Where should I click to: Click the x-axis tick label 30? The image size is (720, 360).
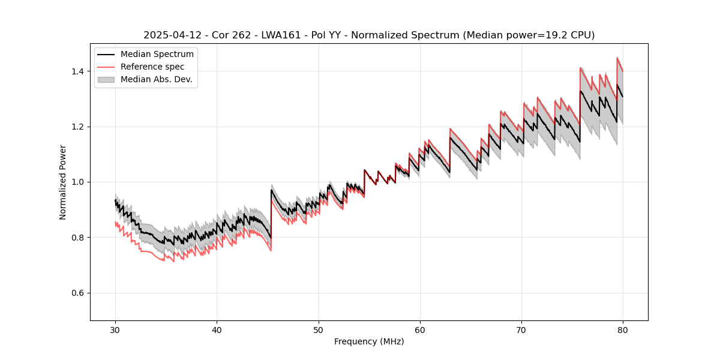click(115, 329)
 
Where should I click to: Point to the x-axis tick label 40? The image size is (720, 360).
click(217, 329)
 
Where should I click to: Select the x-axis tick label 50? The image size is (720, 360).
click(318, 329)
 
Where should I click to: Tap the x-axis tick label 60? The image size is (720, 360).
click(419, 329)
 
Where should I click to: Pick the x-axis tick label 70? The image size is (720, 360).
click(521, 329)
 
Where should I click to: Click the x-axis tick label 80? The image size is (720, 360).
click(622, 329)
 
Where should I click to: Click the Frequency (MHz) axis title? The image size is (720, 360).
click(369, 341)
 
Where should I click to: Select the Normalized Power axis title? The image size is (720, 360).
click(63, 182)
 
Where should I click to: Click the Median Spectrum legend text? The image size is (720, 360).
click(157, 55)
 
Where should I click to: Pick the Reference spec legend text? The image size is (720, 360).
click(152, 67)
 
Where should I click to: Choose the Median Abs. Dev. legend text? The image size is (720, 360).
click(156, 79)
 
